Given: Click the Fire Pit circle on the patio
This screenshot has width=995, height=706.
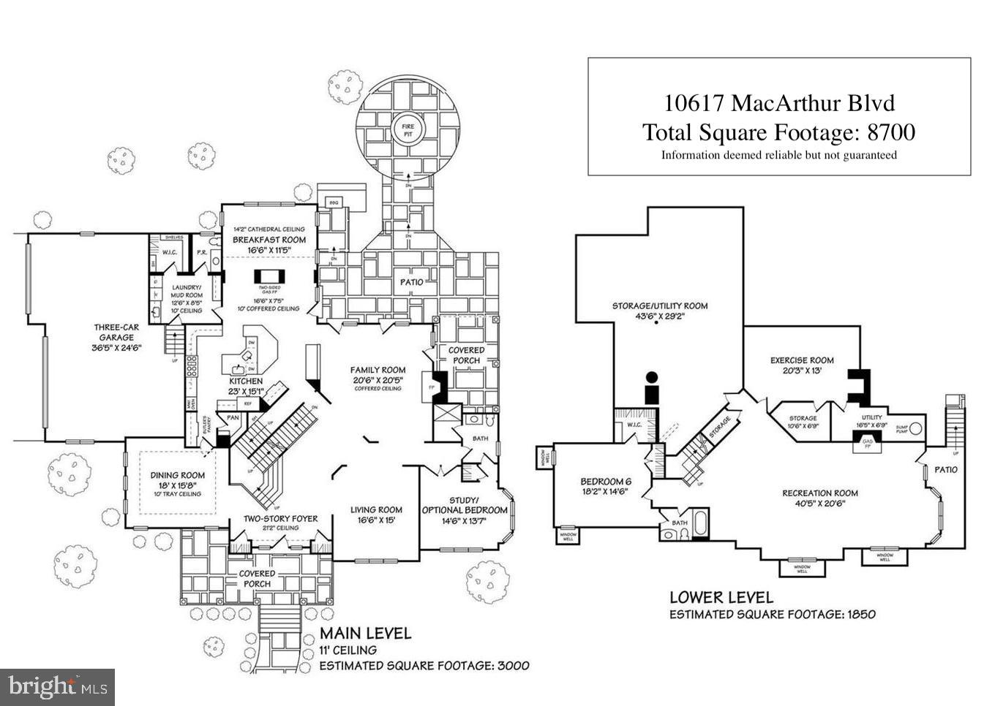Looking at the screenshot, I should tap(408, 131).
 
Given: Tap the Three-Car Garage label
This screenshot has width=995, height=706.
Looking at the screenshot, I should tap(116, 332).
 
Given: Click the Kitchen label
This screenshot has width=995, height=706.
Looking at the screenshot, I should tap(246, 381).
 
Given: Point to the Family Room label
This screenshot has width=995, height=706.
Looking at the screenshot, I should tap(378, 370).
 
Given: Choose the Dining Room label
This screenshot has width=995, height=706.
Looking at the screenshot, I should tap(178, 475).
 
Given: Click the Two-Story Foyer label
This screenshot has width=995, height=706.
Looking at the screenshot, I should tap(280, 518).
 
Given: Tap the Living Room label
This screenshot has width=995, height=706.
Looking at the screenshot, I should tap(376, 509).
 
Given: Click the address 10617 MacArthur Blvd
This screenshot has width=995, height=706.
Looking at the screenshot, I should tap(778, 103).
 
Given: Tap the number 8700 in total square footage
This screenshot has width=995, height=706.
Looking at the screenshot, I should tap(890, 132).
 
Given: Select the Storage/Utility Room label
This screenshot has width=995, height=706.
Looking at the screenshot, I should tap(660, 305).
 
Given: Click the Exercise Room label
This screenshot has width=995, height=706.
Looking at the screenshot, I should tap(802, 360).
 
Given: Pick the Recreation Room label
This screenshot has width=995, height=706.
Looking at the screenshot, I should tap(820, 493).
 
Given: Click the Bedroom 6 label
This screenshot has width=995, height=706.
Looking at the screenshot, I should tap(605, 482).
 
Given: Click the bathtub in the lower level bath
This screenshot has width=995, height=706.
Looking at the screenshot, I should tap(698, 524).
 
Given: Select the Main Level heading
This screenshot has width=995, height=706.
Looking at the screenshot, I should tap(365, 633).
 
